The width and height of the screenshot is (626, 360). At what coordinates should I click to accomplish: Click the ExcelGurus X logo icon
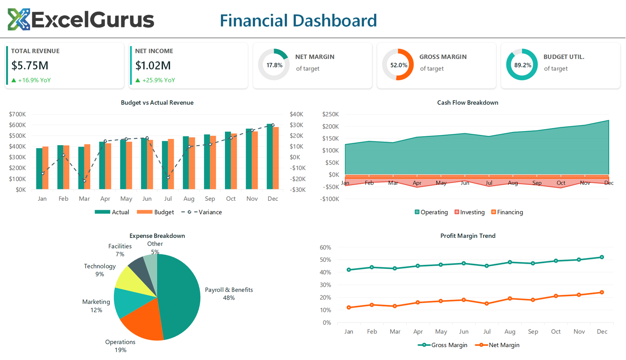click(19, 20)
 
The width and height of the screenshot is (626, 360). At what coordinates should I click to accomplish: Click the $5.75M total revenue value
click(30, 65)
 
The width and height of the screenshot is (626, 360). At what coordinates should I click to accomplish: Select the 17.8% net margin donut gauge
click(274, 65)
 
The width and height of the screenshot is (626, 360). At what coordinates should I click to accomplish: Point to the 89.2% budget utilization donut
click(522, 65)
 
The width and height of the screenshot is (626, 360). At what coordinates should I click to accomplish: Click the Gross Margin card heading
click(443, 57)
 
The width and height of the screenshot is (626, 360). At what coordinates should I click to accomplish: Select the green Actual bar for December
click(270, 157)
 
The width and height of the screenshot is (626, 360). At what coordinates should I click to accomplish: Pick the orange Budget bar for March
click(87, 167)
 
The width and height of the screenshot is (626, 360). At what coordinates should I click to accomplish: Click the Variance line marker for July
click(168, 178)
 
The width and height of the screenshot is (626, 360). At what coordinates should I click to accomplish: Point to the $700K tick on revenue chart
click(18, 114)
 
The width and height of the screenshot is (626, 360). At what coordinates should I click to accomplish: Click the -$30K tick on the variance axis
click(298, 190)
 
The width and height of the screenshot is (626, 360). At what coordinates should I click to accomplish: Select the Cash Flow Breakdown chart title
click(468, 103)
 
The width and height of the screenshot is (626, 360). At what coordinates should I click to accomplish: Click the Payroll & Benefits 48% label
click(229, 293)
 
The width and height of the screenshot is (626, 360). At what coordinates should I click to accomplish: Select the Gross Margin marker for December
click(602, 257)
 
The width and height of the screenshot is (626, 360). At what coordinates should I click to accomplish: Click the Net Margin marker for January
click(349, 308)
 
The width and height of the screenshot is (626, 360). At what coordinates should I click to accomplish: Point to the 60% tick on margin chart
click(325, 247)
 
